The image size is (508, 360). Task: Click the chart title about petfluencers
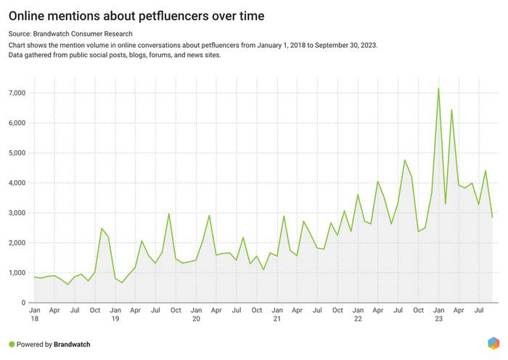(x=136, y=15)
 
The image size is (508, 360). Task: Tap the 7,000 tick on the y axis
(x=17, y=93)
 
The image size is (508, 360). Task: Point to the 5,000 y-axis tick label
(x=17, y=153)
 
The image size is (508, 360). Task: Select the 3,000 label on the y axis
(x=17, y=213)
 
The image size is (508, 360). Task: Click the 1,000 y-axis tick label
(x=17, y=273)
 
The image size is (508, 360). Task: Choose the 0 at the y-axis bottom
(x=24, y=303)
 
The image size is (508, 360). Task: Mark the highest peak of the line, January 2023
(x=438, y=88)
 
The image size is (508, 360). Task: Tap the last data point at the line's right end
(x=492, y=217)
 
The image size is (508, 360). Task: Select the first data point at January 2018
(x=34, y=277)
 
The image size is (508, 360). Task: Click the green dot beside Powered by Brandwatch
(x=12, y=345)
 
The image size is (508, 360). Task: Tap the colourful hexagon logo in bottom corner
(x=493, y=343)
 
